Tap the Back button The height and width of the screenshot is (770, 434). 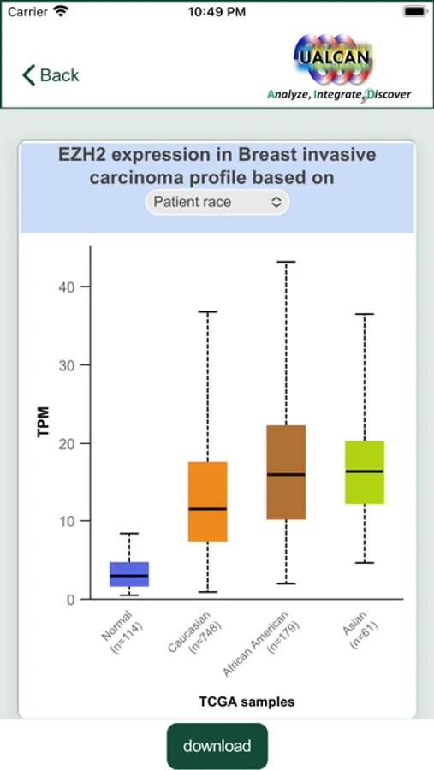coord(51,75)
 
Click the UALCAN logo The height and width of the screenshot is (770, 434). coord(339,66)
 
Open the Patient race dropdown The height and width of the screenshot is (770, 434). coord(217,202)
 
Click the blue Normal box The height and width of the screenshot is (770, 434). coord(129,574)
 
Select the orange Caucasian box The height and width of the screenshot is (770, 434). coord(207,501)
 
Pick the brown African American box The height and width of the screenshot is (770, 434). coord(286,472)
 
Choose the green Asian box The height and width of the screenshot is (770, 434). coord(364,472)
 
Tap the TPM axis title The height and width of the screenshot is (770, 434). coord(44,421)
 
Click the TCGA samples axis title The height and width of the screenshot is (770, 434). coord(247,702)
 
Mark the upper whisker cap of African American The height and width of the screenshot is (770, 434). coord(286,262)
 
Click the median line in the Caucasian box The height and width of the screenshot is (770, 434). coord(207,509)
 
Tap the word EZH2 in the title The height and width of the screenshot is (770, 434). coord(81,155)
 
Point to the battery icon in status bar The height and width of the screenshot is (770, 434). coord(413,12)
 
